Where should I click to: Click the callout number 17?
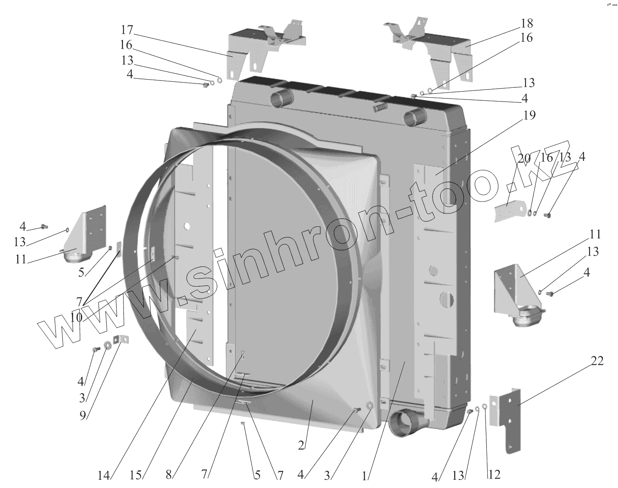[127, 30]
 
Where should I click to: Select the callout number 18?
[527, 23]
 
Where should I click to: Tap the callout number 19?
[529, 115]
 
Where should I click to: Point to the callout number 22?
[597, 361]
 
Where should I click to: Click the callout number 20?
[525, 158]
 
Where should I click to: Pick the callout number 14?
[104, 476]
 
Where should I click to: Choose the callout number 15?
[135, 476]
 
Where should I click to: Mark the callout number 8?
[169, 475]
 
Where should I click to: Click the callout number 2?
[301, 446]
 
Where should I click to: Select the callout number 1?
[364, 476]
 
